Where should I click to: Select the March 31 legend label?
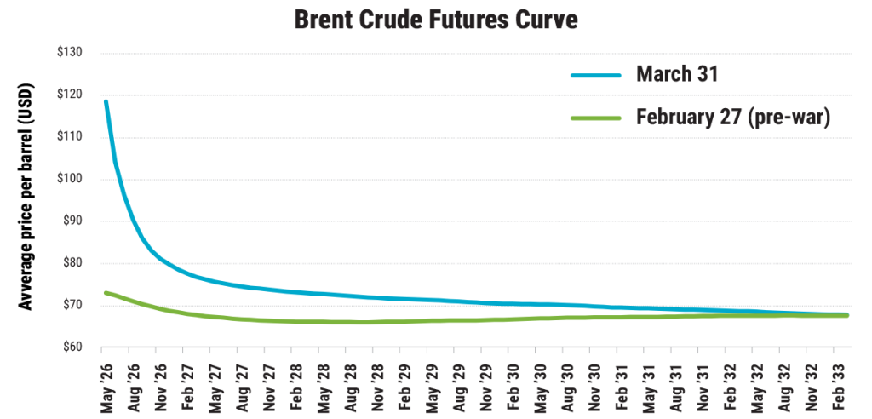[x=678, y=75]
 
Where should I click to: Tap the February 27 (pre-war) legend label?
[x=733, y=118]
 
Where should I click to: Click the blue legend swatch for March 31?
[x=603, y=77]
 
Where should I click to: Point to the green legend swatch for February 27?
[x=603, y=120]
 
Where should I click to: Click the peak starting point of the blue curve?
[x=106, y=101]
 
